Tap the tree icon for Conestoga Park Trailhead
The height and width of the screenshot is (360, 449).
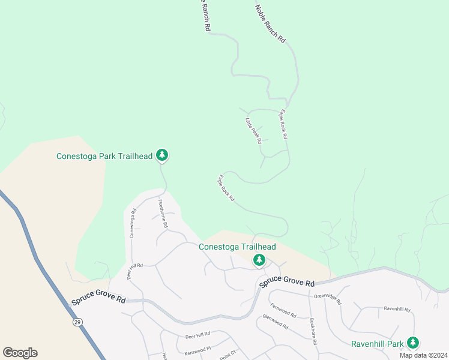point(161,155)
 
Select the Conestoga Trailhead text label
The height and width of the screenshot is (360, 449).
point(237,247)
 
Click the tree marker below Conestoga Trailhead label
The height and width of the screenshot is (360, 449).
point(259,260)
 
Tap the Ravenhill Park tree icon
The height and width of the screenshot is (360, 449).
point(412,343)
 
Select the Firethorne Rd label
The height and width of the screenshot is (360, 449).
point(163,212)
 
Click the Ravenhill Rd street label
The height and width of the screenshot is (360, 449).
point(397,310)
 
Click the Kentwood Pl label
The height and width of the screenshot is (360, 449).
point(197,348)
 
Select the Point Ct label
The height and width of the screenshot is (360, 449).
point(230,354)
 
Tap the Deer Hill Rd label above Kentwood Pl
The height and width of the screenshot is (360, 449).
point(197,334)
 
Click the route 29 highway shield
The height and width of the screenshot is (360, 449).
point(77,322)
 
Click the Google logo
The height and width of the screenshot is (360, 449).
point(20,353)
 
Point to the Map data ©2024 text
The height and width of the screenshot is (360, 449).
point(423,355)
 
